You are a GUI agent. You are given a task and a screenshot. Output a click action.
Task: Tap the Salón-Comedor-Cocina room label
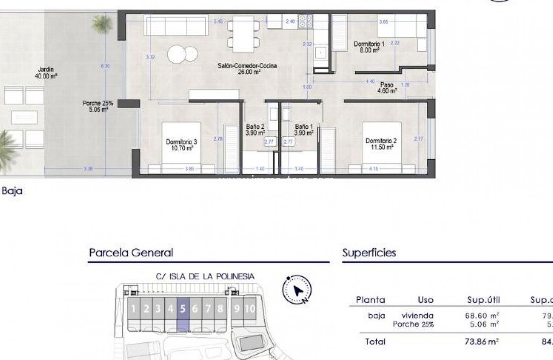tap(247, 69)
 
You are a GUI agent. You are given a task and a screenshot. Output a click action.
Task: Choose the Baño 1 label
tap(304, 129)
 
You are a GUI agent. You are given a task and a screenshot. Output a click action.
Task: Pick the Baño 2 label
tap(255, 129)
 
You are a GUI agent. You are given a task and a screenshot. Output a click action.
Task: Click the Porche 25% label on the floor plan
tap(98, 106)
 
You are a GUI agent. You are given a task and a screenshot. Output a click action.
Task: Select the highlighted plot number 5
tap(183, 309)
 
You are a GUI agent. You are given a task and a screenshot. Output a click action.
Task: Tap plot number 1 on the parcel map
tap(133, 309)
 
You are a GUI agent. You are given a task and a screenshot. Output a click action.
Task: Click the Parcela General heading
tap(131, 253)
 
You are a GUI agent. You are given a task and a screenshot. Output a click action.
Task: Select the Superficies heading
tap(369, 253)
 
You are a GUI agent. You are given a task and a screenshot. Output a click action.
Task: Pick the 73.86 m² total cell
tap(483, 342)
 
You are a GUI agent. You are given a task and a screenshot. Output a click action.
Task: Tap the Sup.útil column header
tap(483, 300)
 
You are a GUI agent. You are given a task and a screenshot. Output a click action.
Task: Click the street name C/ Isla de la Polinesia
tap(205, 277)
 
